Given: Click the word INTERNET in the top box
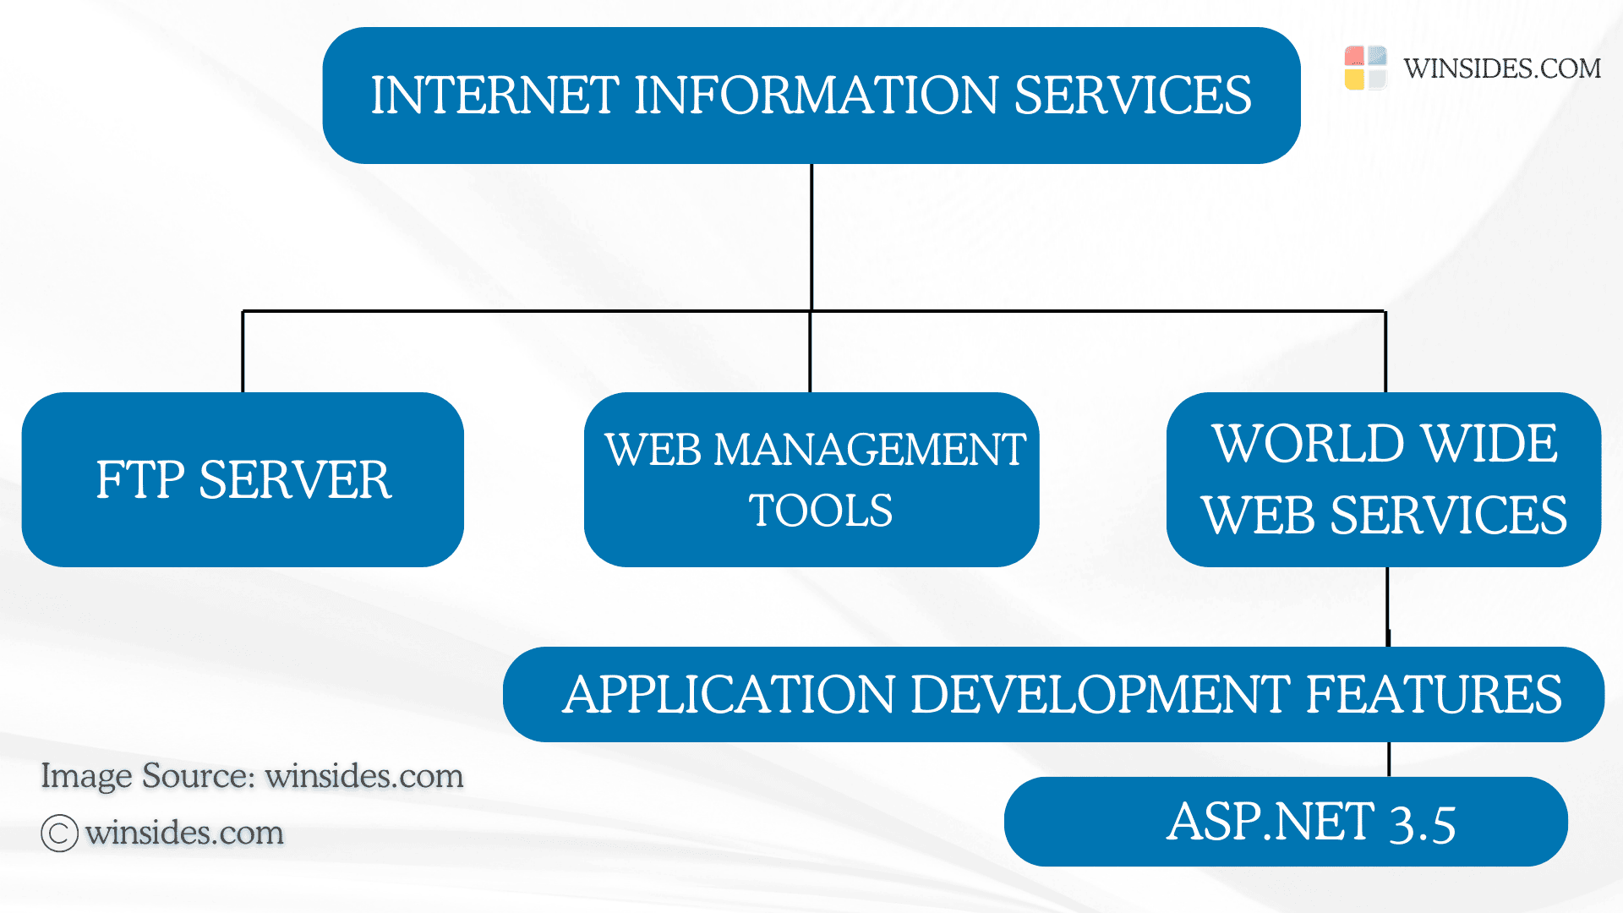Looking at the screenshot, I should pyautogui.click(x=495, y=95).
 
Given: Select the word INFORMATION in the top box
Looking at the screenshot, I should pyautogui.click(x=816, y=95).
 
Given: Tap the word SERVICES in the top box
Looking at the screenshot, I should pyautogui.click(x=1133, y=95).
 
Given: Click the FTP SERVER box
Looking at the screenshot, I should pyautogui.click(x=243, y=479).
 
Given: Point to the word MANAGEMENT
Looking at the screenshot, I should pyautogui.click(x=870, y=449).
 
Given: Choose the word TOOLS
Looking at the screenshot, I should pyautogui.click(x=820, y=511).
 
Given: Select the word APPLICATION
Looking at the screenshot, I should pyautogui.click(x=729, y=695).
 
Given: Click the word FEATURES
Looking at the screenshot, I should pyautogui.click(x=1434, y=695).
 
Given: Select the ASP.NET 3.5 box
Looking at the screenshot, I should pyautogui.click(x=1285, y=822).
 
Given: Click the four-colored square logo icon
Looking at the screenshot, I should pyautogui.click(x=1365, y=68).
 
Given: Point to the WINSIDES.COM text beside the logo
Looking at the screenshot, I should pyautogui.click(x=1502, y=68).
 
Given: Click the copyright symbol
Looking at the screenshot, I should pyautogui.click(x=59, y=834).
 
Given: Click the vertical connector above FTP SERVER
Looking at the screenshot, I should pyautogui.click(x=243, y=352).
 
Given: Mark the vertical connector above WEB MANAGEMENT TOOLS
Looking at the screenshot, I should pyautogui.click(x=810, y=352).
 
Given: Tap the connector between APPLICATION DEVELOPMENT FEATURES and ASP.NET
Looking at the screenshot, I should pyautogui.click(x=1389, y=759).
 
